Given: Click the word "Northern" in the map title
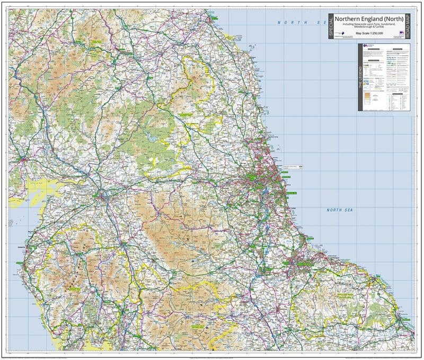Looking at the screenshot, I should [x=348, y=18].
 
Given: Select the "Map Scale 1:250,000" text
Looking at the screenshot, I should [x=369, y=34].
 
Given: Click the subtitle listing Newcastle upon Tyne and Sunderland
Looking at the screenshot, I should [x=369, y=25].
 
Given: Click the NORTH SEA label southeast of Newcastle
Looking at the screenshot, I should [x=340, y=210].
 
